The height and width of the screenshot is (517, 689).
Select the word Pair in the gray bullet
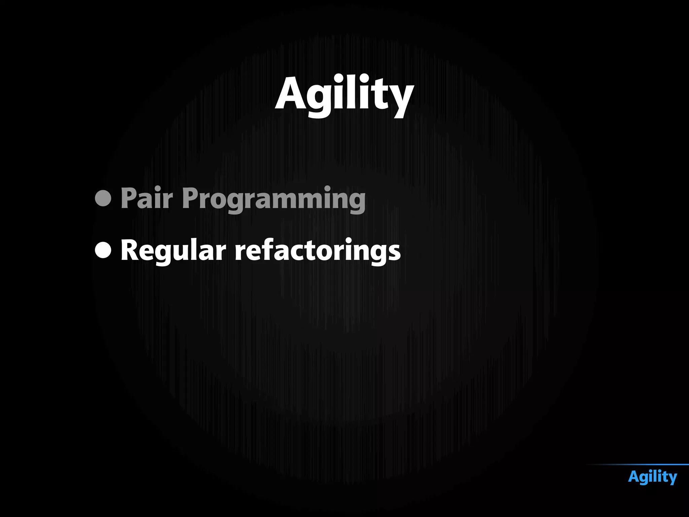(x=147, y=199)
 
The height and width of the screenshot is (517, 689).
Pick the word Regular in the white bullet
(x=173, y=251)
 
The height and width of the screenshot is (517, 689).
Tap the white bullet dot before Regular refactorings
(x=103, y=250)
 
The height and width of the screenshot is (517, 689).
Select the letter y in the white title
(x=401, y=99)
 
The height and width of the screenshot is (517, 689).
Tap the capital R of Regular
(x=130, y=250)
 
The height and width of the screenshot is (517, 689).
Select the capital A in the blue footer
(x=634, y=477)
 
